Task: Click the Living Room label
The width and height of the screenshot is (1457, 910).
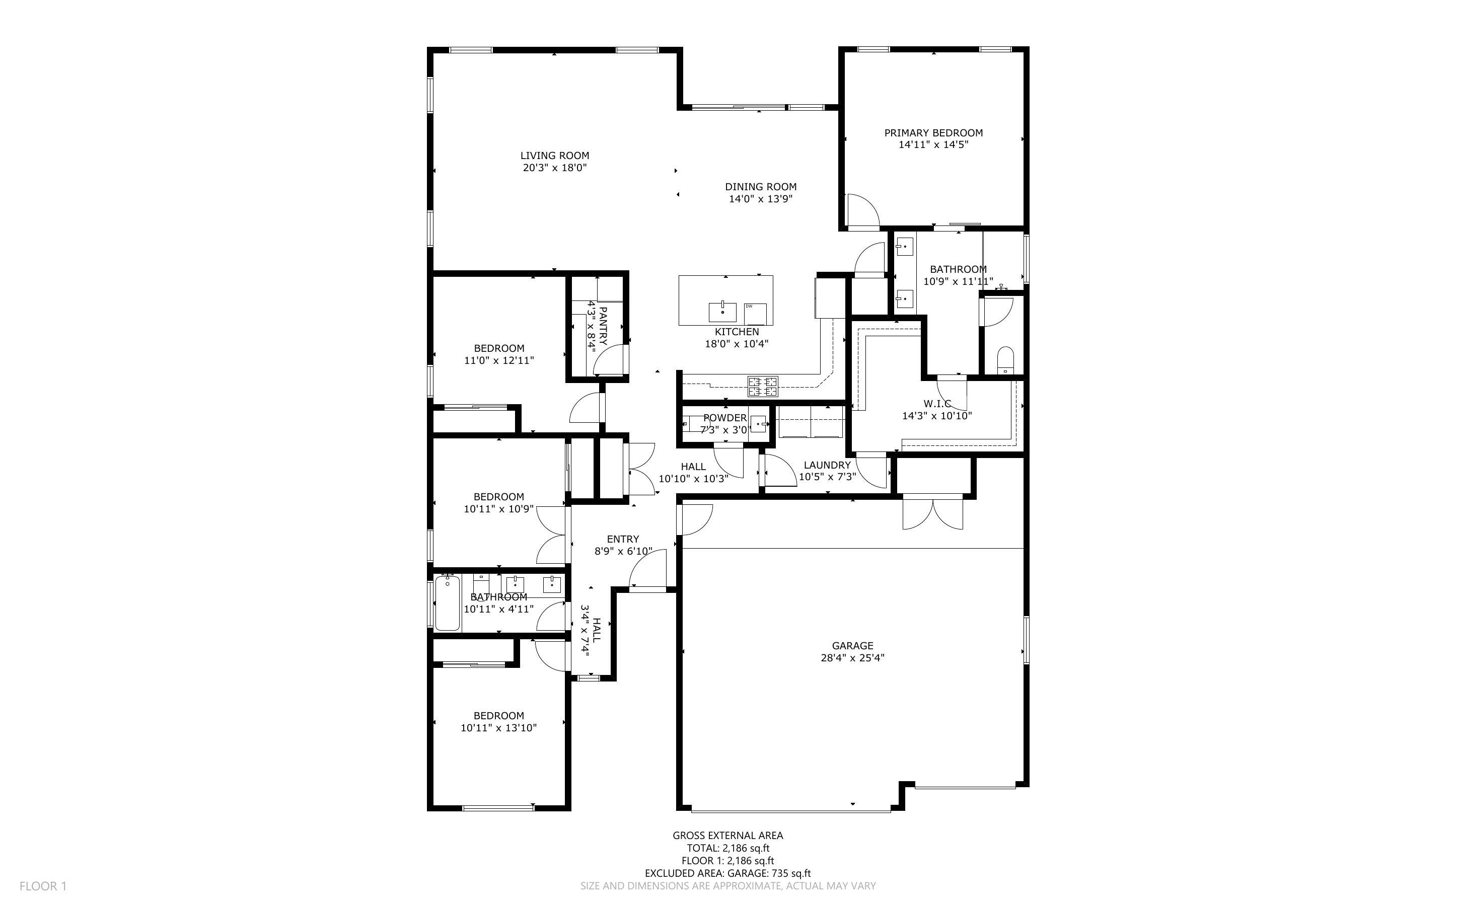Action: (554, 156)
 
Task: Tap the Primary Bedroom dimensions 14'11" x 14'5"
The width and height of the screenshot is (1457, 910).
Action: (933, 144)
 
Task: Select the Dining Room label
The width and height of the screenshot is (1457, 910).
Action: (761, 187)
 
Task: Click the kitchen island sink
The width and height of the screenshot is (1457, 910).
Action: (722, 313)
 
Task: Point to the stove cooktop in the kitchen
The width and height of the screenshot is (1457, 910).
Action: (763, 387)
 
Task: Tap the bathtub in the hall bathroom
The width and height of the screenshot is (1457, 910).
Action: (447, 603)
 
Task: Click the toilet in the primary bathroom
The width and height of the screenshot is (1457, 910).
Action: (1005, 360)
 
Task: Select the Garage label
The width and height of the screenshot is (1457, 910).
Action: (852, 646)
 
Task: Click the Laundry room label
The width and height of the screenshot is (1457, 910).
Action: (827, 465)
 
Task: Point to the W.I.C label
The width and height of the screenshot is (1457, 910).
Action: (937, 403)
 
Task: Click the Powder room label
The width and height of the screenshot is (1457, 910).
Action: (724, 418)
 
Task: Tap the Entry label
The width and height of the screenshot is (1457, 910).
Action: (623, 539)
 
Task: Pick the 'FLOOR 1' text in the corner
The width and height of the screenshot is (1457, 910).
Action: (43, 886)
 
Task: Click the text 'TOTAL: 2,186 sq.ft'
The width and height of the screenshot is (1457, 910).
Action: (727, 848)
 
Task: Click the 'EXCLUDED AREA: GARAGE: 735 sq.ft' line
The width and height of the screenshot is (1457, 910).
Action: (727, 873)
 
